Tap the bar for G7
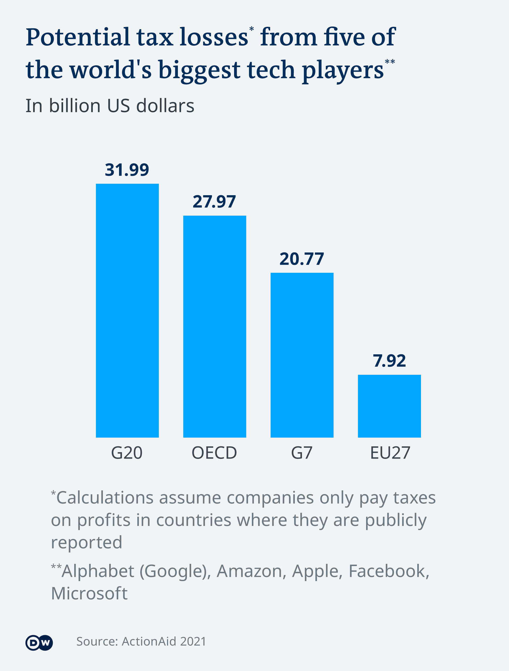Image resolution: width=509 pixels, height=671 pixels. point(302,355)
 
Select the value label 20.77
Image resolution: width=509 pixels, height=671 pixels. point(302,259)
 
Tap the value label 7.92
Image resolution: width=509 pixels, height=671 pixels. point(389,361)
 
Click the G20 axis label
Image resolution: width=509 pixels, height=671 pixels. point(127,453)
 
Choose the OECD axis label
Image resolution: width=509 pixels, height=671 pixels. point(214,453)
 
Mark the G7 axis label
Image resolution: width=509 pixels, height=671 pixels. point(302,453)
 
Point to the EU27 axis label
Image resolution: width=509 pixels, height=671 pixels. point(390,453)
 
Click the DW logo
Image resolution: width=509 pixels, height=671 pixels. point(39,642)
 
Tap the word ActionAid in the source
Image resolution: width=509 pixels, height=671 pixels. point(149,642)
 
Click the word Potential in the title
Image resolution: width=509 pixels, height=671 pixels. point(78,38)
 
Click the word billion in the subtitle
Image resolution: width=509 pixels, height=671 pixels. point(74,106)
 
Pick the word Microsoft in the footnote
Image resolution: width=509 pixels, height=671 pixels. point(89,593)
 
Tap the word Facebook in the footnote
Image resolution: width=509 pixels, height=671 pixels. point(389,571)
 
